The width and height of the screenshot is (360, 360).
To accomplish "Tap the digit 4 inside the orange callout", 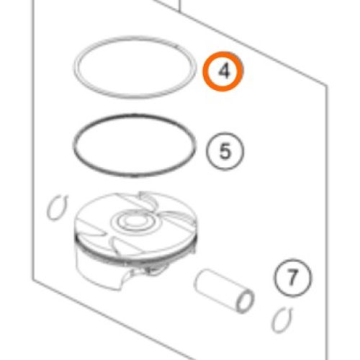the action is click(x=224, y=71).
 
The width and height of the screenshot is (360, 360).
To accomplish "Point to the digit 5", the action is click(x=225, y=151).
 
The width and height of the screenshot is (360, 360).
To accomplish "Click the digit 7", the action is click(x=293, y=277).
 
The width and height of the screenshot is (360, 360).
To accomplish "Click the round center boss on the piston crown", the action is click(x=134, y=221).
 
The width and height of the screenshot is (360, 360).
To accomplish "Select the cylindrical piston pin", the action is click(x=223, y=291).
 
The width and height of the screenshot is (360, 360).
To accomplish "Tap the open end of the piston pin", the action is click(x=246, y=301).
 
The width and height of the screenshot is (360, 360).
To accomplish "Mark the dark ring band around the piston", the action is click(x=135, y=257).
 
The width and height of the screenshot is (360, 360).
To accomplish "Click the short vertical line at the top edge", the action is click(x=179, y=5).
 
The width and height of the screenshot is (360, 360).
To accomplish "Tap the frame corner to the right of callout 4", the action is click(x=326, y=85).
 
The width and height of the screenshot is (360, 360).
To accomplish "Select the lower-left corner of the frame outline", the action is click(x=33, y=279).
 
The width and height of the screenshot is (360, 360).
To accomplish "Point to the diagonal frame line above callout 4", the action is click(x=240, y=42).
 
